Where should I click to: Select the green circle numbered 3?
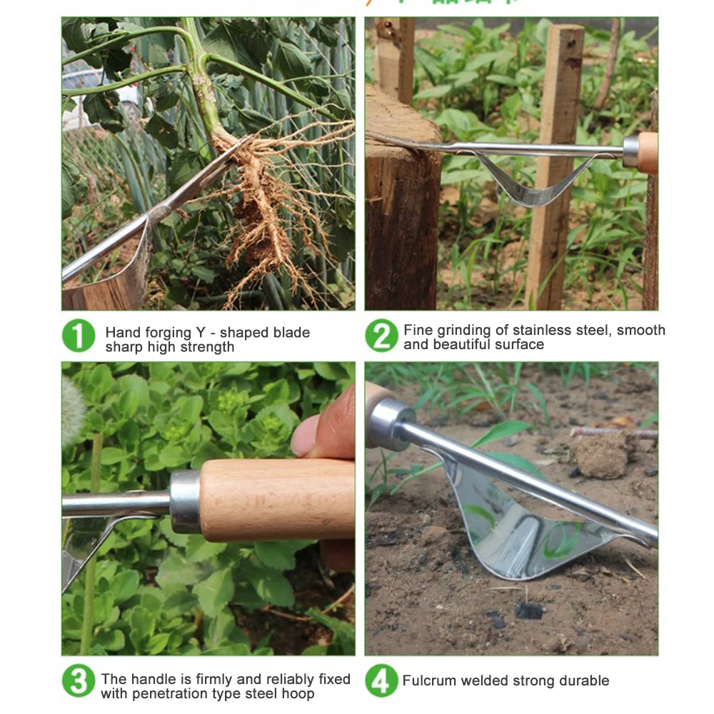click(x=79, y=681)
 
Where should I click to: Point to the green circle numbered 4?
click(x=381, y=681)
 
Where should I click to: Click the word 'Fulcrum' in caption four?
click(x=428, y=681)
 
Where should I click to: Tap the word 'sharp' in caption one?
click(x=126, y=348)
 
